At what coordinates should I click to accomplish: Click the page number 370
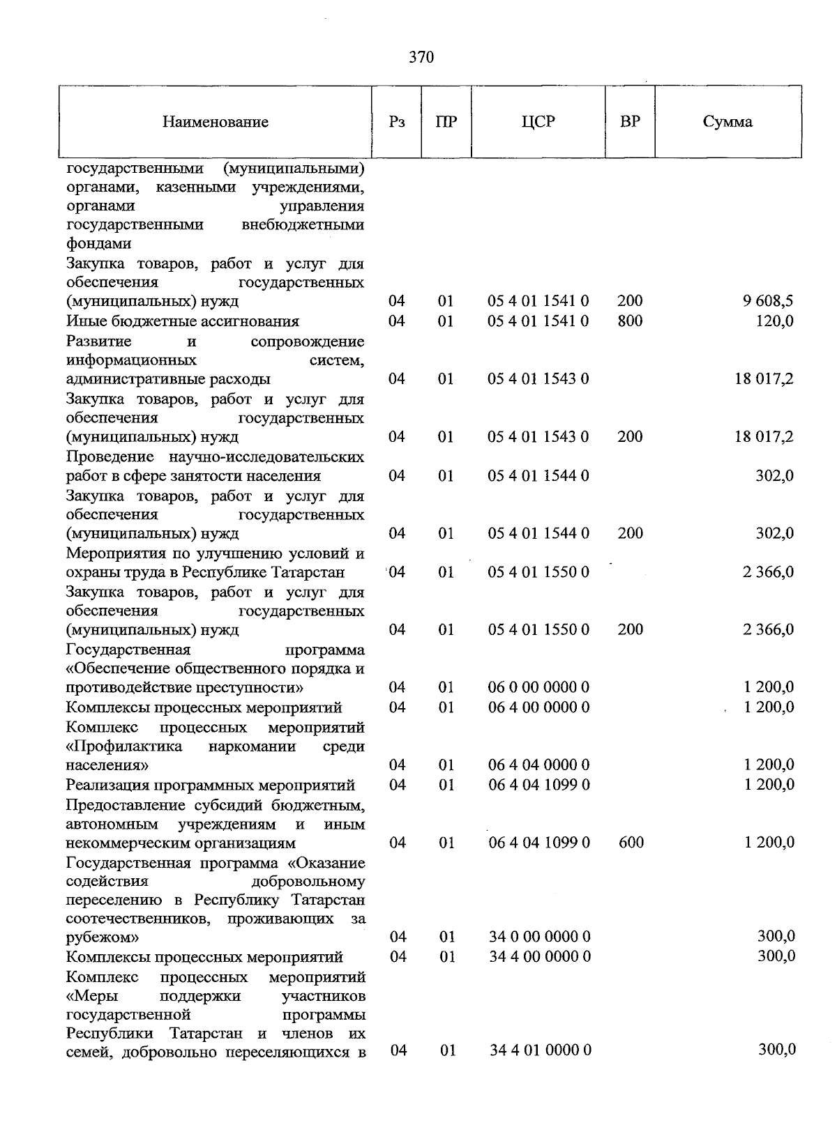421,57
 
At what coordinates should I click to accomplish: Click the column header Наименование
216,123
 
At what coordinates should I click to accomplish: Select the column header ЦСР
538,122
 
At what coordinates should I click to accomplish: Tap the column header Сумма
727,122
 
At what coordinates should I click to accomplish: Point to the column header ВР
630,122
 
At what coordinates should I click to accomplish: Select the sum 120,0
774,321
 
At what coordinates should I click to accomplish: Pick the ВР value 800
630,321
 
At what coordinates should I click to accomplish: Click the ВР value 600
631,843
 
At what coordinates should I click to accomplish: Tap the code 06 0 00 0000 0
538,687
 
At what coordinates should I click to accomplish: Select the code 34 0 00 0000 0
539,936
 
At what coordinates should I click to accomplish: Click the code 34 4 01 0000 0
540,1050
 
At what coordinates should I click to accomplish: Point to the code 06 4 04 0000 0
538,765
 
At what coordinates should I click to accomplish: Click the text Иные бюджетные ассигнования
183,321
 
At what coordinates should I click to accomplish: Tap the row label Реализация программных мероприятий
211,786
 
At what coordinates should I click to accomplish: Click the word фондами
99,244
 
